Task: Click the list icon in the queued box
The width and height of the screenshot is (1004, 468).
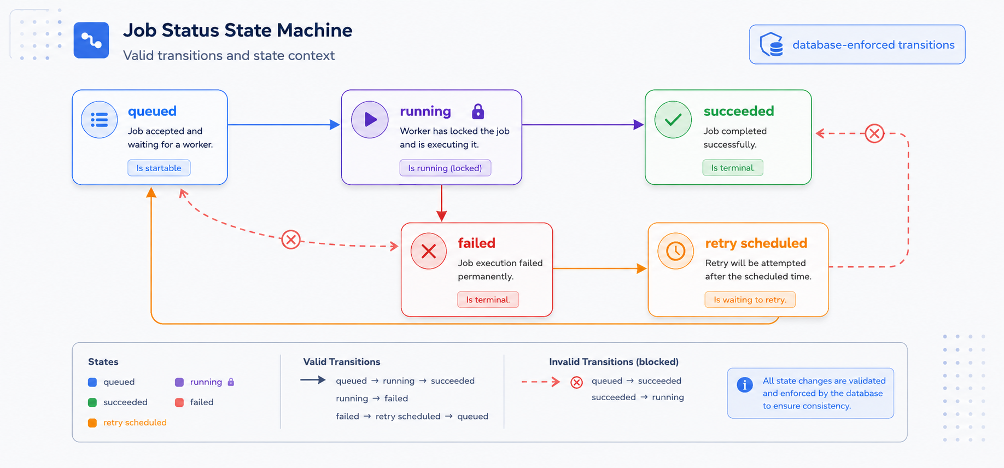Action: pos(99,120)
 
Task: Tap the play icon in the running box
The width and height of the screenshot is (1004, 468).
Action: pos(370,120)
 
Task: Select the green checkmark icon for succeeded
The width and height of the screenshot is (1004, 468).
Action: pos(673,120)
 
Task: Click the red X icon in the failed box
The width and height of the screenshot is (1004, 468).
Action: pos(429,251)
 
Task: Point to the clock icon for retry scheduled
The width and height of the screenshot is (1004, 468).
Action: pos(676,251)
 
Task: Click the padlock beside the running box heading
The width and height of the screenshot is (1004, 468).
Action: pos(478,112)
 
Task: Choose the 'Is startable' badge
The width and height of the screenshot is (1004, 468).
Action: pos(159,168)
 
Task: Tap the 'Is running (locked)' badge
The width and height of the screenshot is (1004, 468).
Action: pos(445,168)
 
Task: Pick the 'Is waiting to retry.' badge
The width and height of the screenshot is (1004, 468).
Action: pos(750,300)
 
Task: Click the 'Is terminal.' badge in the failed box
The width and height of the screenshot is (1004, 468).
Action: pos(488,300)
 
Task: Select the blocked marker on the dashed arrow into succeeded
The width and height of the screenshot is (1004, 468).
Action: pos(874,133)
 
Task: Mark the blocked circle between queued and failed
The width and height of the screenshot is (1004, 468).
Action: pos(291,239)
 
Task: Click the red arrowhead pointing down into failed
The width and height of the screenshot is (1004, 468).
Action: pos(442,217)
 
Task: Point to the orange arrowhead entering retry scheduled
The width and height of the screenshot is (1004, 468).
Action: pos(642,268)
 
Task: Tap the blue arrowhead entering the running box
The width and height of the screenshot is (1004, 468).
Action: pos(335,125)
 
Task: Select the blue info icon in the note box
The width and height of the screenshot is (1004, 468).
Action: pos(745,385)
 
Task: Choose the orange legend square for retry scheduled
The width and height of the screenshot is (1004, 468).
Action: pos(92,423)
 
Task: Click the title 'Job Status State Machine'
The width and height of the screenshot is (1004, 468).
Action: pos(238,30)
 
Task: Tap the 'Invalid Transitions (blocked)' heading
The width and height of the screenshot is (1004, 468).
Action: pos(614,362)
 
